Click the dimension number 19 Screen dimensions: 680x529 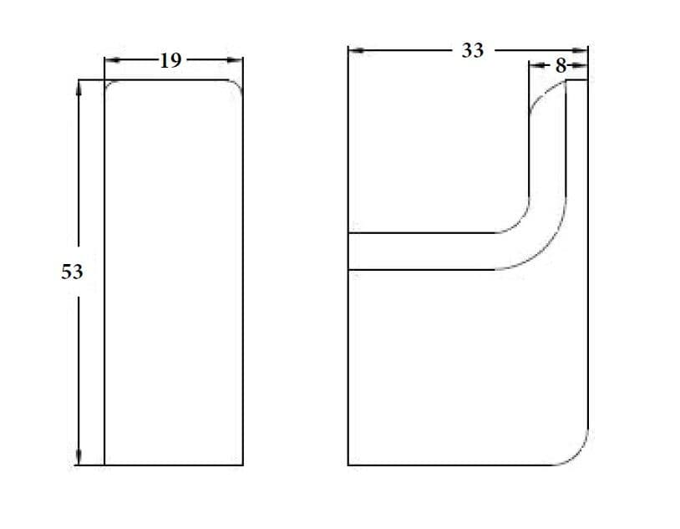[x=170, y=61]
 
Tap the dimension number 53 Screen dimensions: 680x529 [x=72, y=272]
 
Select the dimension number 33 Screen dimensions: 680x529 [x=472, y=51]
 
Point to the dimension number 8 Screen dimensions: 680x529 [x=561, y=66]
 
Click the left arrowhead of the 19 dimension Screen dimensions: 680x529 [x=112, y=60]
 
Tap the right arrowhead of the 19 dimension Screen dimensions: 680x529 [x=235, y=60]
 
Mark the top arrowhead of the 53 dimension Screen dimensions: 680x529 [x=79, y=88]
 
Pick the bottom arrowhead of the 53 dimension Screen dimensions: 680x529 [x=79, y=457]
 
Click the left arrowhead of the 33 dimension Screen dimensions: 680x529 [x=357, y=50]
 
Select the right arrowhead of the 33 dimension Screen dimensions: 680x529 [x=580, y=50]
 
